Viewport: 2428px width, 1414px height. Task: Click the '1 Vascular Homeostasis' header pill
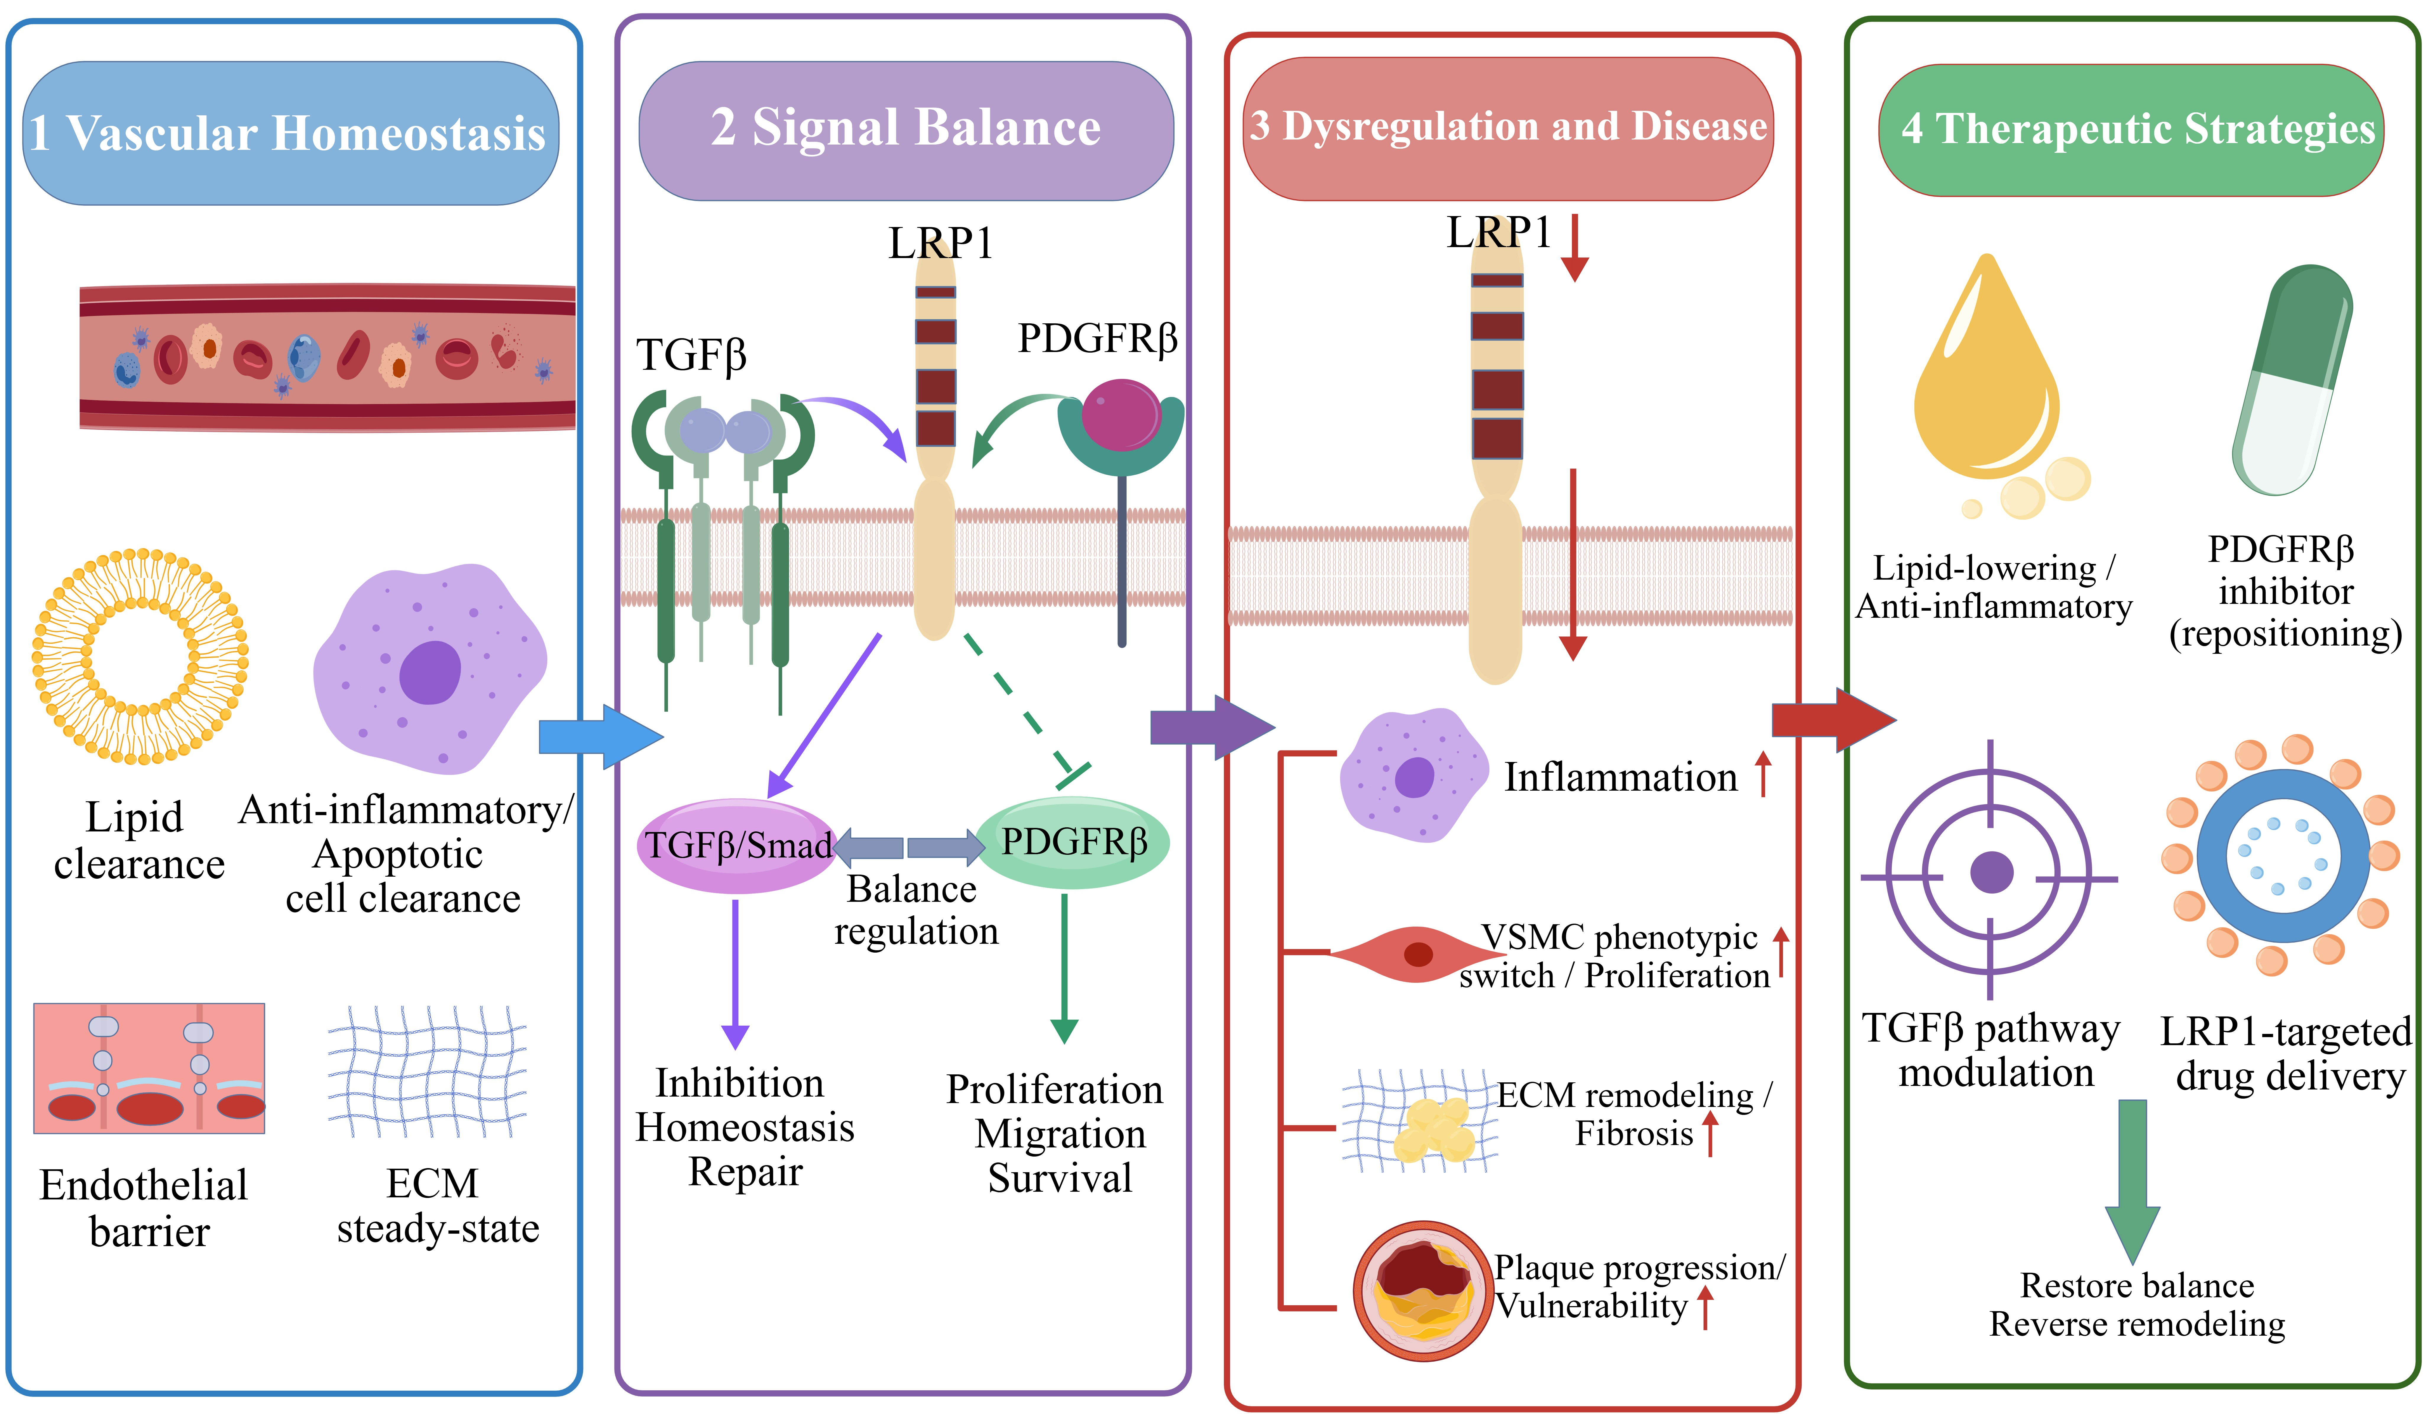(290, 133)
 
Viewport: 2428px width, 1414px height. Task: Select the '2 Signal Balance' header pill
(906, 130)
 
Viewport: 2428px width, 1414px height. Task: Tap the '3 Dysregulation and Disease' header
(1508, 128)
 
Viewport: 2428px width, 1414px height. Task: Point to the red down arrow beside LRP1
(1574, 248)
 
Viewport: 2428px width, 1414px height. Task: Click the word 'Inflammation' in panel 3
(1621, 776)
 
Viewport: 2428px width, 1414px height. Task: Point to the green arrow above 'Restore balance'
(2132, 1181)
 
